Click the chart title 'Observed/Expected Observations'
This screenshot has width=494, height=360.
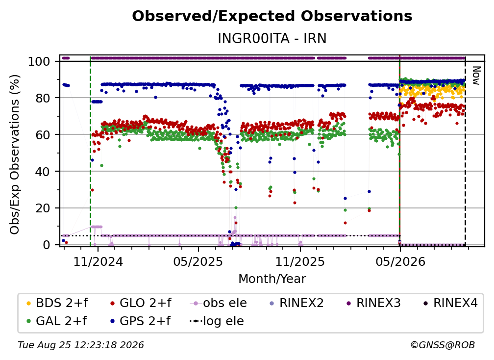(272, 16)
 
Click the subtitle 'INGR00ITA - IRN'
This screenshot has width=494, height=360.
(272, 38)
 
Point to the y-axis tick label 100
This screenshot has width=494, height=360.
(39, 61)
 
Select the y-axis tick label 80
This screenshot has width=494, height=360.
(43, 98)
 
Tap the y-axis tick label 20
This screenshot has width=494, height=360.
(43, 208)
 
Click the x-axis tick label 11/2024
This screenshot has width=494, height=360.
(98, 261)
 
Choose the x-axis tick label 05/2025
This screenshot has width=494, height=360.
(198, 261)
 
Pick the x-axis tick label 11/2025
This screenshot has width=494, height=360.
(300, 261)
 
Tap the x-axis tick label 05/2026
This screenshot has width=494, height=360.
(400, 261)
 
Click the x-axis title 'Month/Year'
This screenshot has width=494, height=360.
(272, 279)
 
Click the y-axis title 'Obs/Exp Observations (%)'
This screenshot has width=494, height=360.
(15, 154)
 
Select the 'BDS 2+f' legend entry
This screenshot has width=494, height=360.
(57, 303)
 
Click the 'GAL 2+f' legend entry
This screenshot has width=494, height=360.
(56, 321)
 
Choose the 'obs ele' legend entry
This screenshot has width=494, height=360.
(219, 303)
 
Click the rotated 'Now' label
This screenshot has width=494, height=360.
(476, 76)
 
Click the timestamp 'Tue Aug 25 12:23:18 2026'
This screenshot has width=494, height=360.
(81, 345)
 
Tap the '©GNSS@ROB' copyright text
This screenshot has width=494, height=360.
(443, 345)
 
